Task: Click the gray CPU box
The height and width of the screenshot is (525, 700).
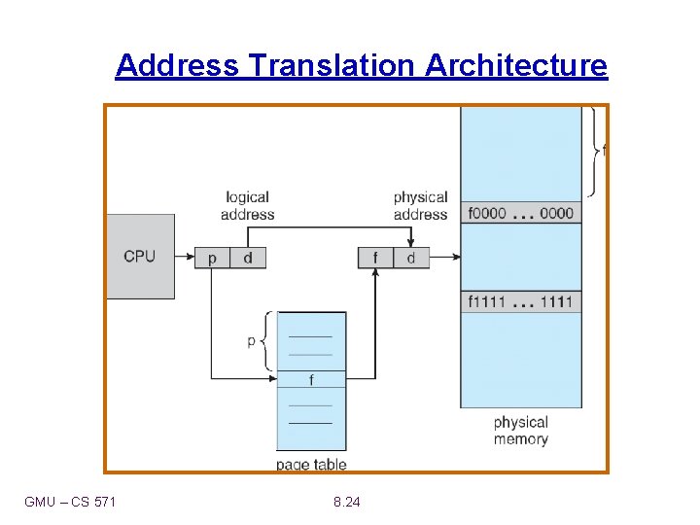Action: point(140,256)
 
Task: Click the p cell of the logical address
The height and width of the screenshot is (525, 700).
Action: point(212,258)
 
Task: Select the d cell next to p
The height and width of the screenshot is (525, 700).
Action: point(247,258)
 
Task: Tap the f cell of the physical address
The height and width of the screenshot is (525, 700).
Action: point(375,258)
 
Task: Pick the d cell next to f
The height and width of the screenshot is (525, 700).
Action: point(410,258)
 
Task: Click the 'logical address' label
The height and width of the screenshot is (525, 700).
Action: point(247,205)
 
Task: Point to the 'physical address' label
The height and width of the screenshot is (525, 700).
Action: point(420,205)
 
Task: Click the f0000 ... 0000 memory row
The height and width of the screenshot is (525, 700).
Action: point(520,213)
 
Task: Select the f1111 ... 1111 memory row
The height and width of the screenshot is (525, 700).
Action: point(520,301)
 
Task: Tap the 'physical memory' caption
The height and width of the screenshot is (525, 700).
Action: point(520,431)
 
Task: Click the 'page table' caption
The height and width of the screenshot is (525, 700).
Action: point(311,465)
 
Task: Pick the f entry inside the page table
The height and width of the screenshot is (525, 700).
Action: point(311,379)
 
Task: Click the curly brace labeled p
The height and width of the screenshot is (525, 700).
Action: point(268,341)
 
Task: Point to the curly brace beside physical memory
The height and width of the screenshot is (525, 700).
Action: point(593,151)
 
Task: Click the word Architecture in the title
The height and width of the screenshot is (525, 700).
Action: point(515,65)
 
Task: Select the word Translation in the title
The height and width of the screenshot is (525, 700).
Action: point(332,65)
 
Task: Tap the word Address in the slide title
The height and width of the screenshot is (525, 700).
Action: point(177,65)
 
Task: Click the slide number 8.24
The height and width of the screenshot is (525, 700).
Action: point(346,502)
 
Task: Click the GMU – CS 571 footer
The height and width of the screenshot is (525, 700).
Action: point(70,502)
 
